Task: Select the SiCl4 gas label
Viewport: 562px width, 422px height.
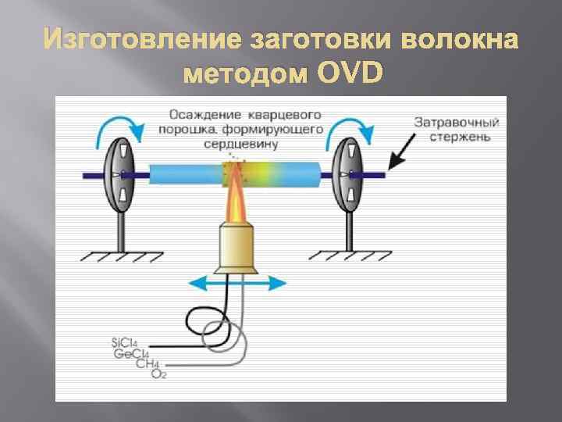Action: click(126, 342)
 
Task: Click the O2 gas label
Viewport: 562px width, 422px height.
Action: click(158, 374)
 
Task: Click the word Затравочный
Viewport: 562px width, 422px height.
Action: click(457, 123)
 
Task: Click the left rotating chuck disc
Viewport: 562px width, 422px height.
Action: click(118, 173)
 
